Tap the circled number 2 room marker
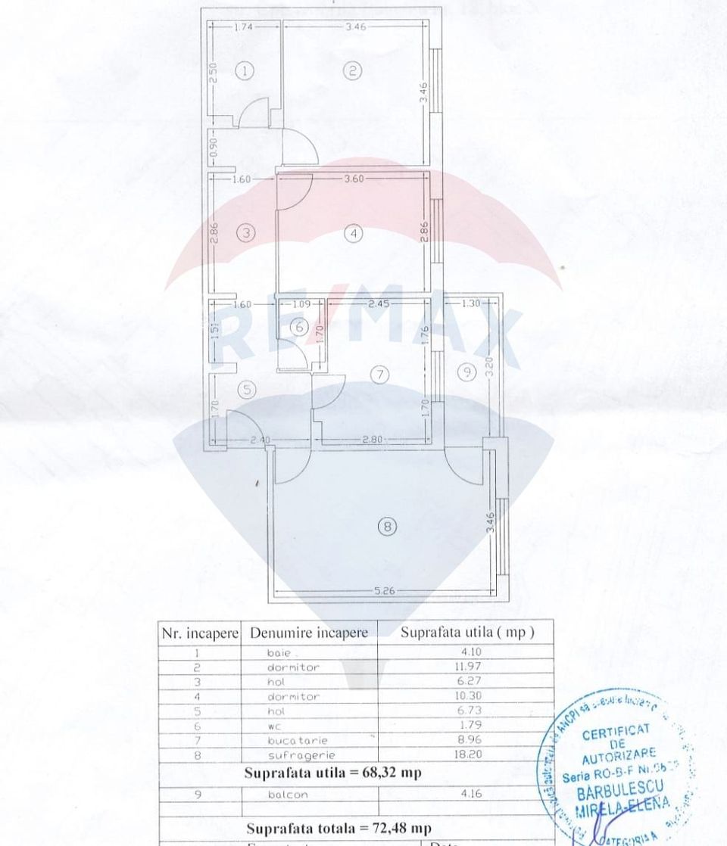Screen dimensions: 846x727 (353, 71)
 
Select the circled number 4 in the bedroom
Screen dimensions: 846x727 (354, 234)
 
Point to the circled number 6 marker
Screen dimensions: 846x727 (299, 328)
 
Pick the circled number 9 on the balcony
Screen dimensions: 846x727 (468, 371)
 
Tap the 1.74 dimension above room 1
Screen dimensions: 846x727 (244, 26)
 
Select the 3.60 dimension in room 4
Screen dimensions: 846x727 (354, 179)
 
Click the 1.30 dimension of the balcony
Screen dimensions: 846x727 (470, 304)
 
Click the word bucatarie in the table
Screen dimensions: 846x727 (293, 740)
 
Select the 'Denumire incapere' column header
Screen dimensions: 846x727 (309, 633)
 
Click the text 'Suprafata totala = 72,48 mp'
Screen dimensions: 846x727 (339, 828)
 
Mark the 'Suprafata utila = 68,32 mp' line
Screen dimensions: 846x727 (333, 773)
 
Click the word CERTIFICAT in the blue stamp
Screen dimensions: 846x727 (616, 731)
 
